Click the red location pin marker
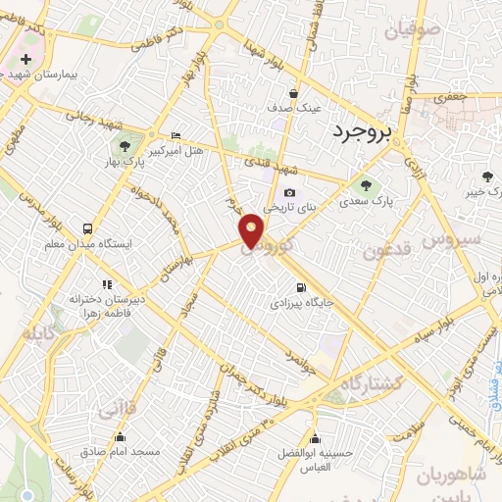pos(252,230)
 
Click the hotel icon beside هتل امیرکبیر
pos(176,134)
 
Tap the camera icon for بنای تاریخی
pos(289,193)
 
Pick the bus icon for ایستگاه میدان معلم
pos(89,226)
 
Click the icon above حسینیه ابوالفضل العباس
pos(315,437)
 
